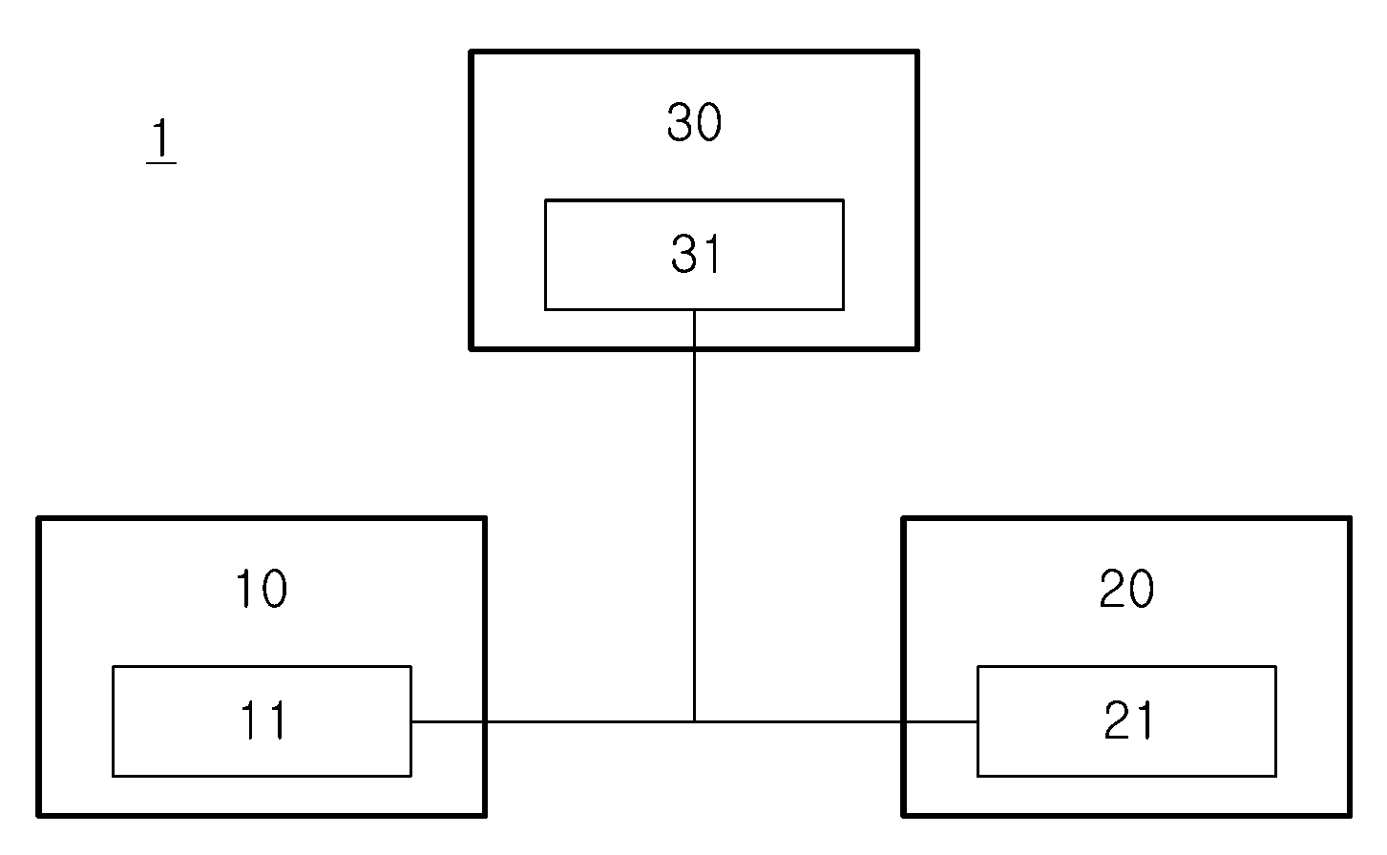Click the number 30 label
tap(694, 122)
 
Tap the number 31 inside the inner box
tap(697, 254)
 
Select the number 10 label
tap(262, 588)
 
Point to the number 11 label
tap(263, 720)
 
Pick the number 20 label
tap(1126, 588)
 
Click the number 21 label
tap(1129, 720)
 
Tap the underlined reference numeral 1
tap(161, 140)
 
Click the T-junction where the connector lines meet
tap(694, 722)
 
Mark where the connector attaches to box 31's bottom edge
tap(694, 309)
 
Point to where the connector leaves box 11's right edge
tap(411, 722)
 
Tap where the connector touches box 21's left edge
tap(977, 722)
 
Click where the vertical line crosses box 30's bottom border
tap(694, 348)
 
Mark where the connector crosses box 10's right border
tap(484, 722)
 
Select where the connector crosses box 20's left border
tap(904, 722)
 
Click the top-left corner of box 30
tap(472, 52)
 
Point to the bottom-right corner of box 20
tap(1350, 815)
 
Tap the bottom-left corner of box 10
tap(38, 815)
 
